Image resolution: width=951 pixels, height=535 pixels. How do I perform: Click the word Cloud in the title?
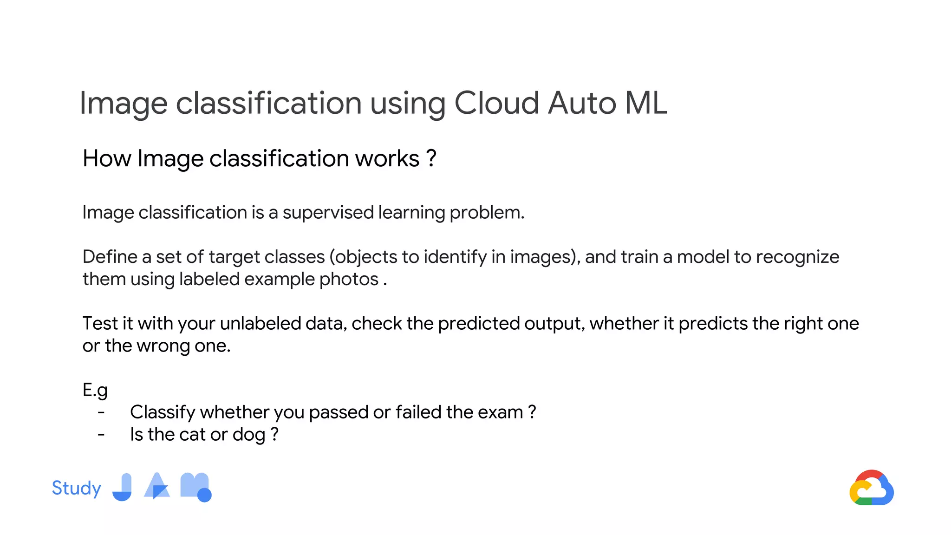coord(496,103)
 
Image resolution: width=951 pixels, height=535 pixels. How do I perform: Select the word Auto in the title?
coord(582,103)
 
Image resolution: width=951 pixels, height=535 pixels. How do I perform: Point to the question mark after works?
coord(431,158)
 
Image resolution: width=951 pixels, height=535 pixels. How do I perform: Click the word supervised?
coord(328,212)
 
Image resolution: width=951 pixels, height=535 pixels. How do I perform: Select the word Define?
coord(110,256)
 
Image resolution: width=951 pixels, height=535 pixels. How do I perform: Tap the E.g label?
coord(95,390)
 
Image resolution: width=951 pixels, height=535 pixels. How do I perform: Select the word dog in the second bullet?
coord(249,435)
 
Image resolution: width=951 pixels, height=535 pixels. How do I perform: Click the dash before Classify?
coord(101,412)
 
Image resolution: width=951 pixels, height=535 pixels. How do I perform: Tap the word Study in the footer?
coord(76,488)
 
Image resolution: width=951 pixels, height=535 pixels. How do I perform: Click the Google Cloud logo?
coord(871,488)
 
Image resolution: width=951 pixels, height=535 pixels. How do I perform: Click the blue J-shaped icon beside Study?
coord(123,487)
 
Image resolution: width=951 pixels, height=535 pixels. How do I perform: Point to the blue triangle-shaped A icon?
coord(157,486)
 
